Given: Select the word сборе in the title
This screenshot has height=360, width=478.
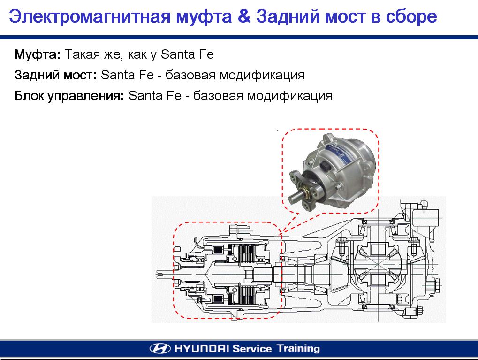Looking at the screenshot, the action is pos(411,17).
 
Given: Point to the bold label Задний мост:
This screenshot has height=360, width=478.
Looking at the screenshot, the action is pos(56,75).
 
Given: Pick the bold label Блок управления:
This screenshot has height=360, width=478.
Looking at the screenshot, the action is pos(69,96).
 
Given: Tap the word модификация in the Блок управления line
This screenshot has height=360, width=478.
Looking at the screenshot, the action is pos(289,96).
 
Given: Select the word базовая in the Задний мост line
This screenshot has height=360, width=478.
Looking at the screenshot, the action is pos(190,75).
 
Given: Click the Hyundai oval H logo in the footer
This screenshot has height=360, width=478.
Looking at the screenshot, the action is pos(160,348).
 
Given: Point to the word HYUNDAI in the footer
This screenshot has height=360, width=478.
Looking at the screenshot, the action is pos(202,348).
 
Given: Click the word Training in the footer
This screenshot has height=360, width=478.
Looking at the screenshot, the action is pos(298,349).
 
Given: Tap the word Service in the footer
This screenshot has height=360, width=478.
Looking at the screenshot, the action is pos(252,348).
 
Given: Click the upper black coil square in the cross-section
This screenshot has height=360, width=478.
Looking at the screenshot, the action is pos(218,250).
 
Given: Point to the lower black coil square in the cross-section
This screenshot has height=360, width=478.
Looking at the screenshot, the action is pos(218,299).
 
